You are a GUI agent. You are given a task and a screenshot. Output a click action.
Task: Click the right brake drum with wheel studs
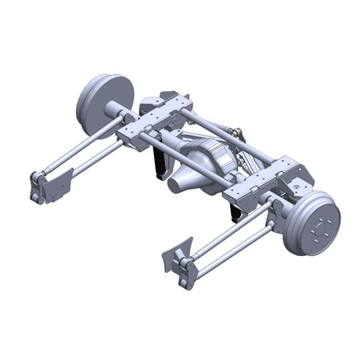(313, 223)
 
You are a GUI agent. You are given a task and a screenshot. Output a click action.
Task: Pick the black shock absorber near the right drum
(235, 211)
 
